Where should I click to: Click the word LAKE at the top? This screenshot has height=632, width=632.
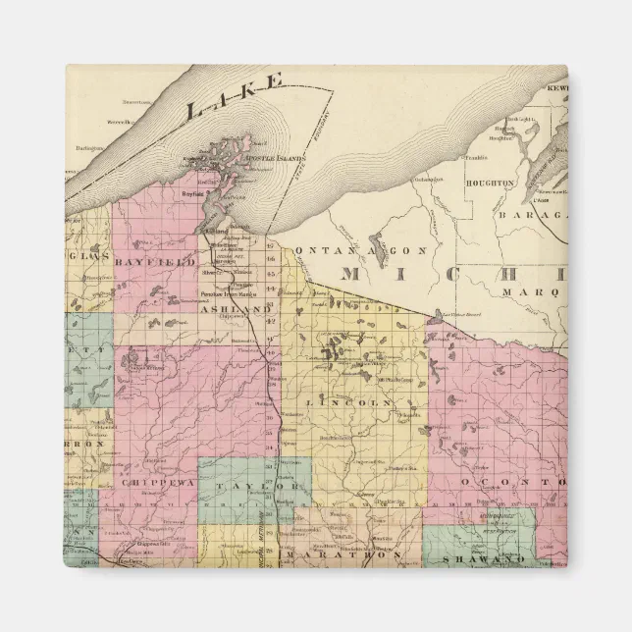pos(237,96)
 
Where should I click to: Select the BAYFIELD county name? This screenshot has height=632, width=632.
pos(155,263)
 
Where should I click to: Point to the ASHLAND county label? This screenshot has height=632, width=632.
pos(233,309)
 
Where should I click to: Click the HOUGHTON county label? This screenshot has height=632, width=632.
pos(492,183)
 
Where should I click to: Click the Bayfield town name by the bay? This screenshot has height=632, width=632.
pos(194,194)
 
